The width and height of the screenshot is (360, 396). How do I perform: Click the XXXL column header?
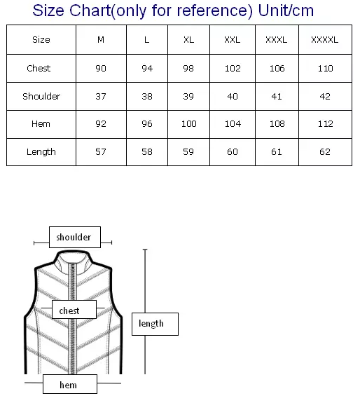[277, 40]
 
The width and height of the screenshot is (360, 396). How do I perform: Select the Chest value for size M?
[101, 69]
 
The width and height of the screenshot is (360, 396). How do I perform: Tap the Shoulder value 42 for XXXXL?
[325, 96]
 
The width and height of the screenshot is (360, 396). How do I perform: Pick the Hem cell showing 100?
[189, 124]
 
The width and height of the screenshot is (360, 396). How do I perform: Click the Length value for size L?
[147, 152]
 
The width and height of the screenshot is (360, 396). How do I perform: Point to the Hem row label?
[41, 124]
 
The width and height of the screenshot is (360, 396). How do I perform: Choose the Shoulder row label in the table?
[41, 96]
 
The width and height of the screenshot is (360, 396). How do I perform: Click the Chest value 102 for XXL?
[233, 69]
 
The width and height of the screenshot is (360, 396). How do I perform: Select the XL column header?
[189, 40]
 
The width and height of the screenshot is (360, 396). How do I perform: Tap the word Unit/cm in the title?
[286, 11]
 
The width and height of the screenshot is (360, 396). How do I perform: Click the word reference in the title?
[214, 11]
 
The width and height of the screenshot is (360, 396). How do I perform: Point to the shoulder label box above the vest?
[75, 237]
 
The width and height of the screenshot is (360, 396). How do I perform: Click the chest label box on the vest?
[74, 309]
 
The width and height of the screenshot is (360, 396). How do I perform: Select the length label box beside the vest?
[155, 324]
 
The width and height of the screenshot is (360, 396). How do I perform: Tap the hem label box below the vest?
[70, 384]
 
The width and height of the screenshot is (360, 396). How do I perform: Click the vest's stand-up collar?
[73, 263]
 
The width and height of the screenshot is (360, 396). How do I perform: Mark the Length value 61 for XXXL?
[277, 152]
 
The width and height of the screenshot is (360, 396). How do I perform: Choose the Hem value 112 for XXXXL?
[326, 124]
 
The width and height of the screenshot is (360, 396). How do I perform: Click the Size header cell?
[41, 40]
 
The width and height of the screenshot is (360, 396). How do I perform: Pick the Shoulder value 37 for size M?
[101, 96]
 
